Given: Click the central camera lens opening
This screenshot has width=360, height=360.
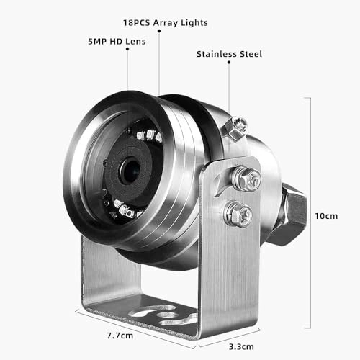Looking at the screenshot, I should (x=130, y=170).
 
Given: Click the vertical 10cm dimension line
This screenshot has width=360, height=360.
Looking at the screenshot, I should (x=310, y=216).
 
